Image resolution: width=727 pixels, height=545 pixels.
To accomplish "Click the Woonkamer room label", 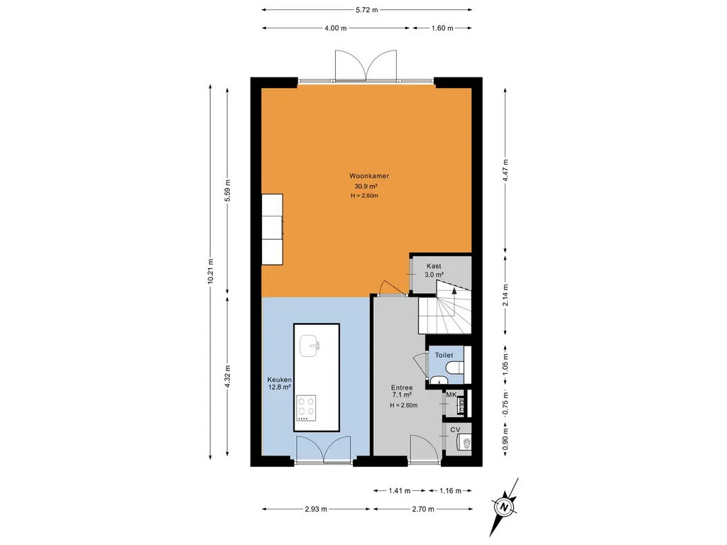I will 368,175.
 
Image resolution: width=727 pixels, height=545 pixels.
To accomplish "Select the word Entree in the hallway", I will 403,387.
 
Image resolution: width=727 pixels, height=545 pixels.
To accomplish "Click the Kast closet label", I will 434,266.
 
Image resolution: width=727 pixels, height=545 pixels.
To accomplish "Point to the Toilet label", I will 444,354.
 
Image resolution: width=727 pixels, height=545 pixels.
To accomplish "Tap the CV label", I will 455,430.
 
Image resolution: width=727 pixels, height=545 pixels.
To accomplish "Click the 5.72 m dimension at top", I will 366,10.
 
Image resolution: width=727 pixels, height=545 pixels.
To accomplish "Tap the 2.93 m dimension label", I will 316,509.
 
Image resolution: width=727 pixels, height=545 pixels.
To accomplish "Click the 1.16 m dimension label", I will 450,490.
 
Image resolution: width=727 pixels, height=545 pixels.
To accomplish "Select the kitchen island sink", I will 310,346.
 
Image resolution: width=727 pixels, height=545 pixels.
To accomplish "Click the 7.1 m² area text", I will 403,396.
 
